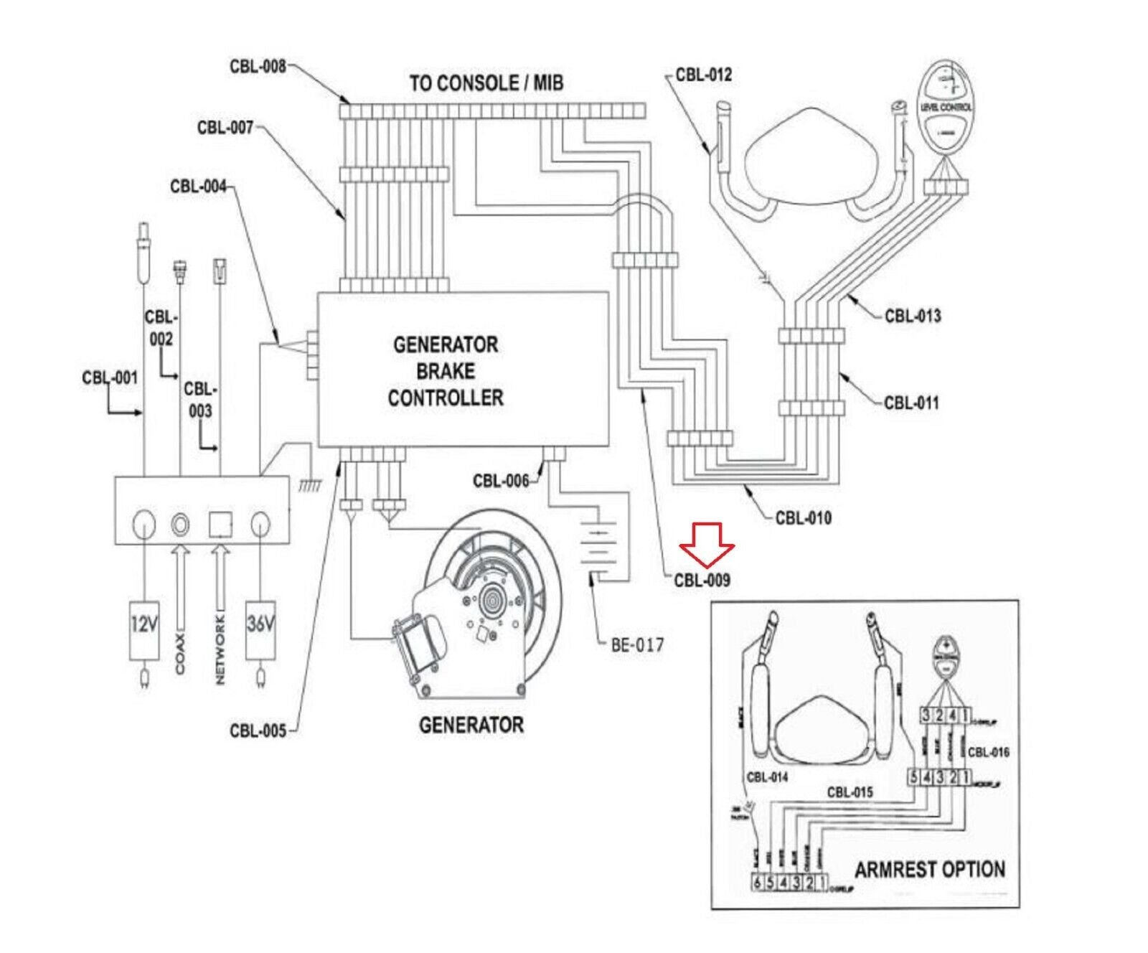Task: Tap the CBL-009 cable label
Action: (x=702, y=581)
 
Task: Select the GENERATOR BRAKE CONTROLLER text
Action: (x=446, y=371)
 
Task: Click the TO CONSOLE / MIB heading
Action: (x=486, y=83)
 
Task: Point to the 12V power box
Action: (x=143, y=629)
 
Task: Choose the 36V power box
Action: (x=260, y=629)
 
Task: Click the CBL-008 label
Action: (x=258, y=66)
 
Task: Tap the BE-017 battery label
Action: (x=637, y=644)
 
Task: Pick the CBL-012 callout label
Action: (x=703, y=75)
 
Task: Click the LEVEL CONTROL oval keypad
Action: (x=946, y=108)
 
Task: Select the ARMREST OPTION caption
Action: (x=929, y=870)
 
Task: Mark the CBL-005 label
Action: (x=258, y=731)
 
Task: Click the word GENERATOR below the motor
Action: (x=471, y=725)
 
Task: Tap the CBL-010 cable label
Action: (x=803, y=517)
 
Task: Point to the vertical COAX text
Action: (x=179, y=653)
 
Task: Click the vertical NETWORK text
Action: (x=220, y=649)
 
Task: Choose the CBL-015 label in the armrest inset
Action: (x=850, y=792)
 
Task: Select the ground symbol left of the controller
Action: (x=309, y=485)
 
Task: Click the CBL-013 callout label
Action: (x=912, y=316)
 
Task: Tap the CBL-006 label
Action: (x=500, y=480)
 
